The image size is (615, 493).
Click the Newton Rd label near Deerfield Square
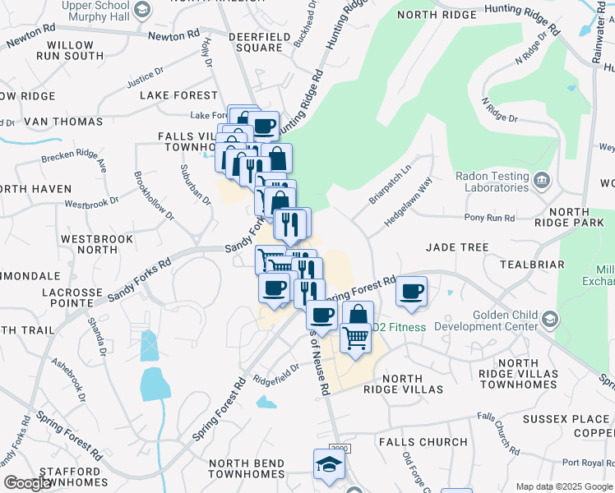[x=173, y=36]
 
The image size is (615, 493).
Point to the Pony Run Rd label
[x=489, y=218]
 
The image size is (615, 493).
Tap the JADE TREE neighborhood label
[x=456, y=247]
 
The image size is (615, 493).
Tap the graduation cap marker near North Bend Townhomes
[x=329, y=464]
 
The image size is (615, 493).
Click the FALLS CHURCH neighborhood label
[x=423, y=442]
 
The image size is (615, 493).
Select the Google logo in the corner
[x=28, y=483]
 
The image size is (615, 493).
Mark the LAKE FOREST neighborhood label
[x=178, y=95]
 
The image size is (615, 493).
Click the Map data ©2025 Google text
[x=563, y=486]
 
